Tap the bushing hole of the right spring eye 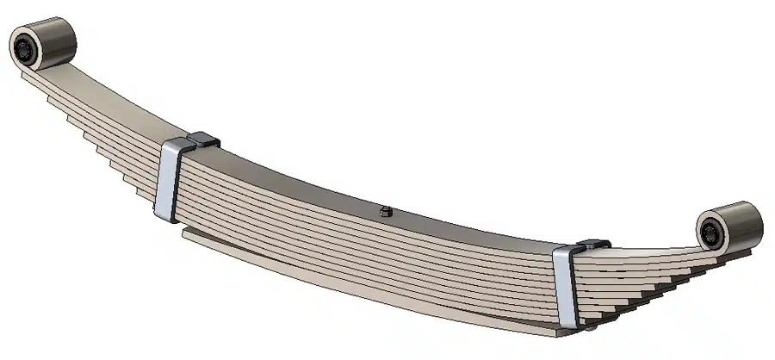click(712, 231)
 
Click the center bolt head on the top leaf click(385, 209)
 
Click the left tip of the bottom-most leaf click(186, 231)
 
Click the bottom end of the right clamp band click(568, 326)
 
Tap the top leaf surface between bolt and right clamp click(482, 231)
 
